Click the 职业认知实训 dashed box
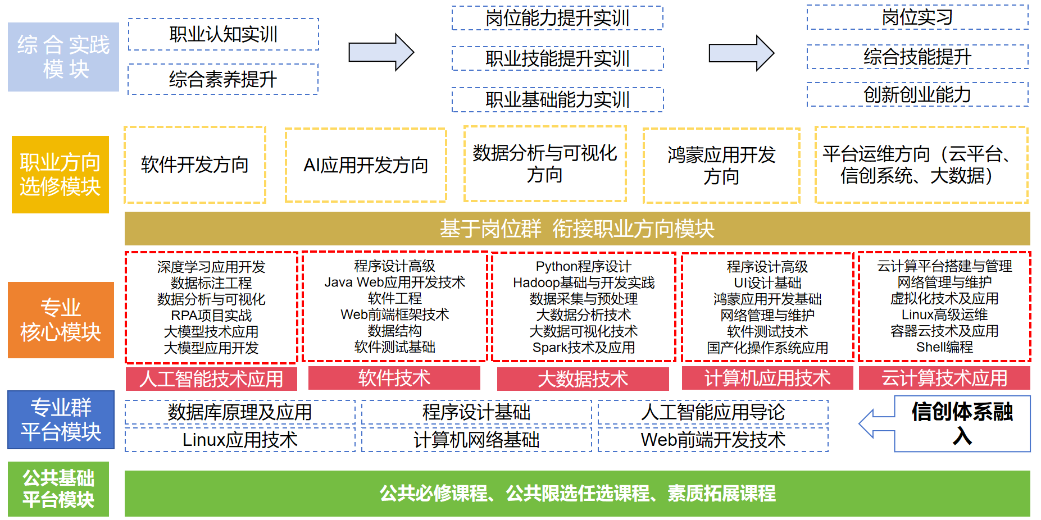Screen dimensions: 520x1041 coord(223,34)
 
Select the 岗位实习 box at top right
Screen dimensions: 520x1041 coord(917,17)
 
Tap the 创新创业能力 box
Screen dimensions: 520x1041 coord(917,94)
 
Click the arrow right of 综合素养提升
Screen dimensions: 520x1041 coord(381,53)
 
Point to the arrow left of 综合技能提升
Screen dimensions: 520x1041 coord(741,53)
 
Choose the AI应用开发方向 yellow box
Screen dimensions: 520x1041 coord(366,165)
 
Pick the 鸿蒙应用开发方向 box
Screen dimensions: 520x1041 coord(721,165)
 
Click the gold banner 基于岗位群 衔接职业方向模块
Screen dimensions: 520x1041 coord(577,229)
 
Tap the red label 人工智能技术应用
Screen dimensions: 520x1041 coord(211,378)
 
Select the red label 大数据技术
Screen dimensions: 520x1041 coord(583,378)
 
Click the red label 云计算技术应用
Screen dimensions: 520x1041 coord(944,378)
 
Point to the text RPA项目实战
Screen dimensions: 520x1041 coord(211,316)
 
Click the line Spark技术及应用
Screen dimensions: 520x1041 coord(583,348)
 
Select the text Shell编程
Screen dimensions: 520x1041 coord(944,347)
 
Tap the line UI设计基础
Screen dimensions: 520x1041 coord(767,283)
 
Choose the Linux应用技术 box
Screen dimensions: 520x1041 coord(240,440)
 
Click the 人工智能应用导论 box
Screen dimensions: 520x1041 coord(712,412)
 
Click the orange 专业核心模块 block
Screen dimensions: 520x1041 coord(61,320)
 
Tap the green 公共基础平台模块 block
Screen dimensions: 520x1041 coord(58,489)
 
